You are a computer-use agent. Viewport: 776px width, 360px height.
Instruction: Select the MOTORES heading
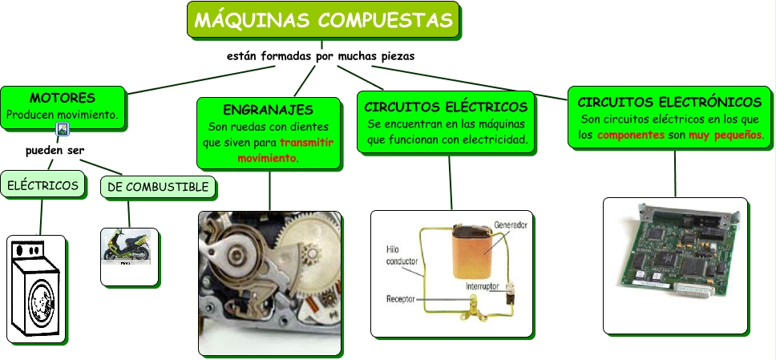click(63, 98)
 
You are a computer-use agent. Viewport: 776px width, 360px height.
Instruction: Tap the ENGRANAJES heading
click(268, 109)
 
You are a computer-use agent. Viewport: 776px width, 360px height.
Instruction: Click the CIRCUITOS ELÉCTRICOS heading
click(446, 107)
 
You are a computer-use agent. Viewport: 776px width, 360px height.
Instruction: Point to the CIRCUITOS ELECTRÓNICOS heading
click(669, 103)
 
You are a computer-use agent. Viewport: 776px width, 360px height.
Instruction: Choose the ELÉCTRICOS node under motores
click(43, 186)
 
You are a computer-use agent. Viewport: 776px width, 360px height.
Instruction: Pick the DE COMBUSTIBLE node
click(158, 187)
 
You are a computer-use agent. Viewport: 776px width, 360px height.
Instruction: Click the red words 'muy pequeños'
click(725, 136)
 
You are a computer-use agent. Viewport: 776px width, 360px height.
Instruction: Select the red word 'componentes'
click(631, 136)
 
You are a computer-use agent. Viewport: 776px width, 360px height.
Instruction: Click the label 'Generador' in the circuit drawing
click(511, 225)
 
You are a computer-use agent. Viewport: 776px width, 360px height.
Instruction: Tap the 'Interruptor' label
click(483, 285)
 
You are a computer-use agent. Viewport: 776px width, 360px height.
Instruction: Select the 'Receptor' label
click(400, 299)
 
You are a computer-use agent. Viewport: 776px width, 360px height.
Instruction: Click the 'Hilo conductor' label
click(401, 256)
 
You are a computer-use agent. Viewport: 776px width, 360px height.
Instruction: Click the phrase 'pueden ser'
click(55, 150)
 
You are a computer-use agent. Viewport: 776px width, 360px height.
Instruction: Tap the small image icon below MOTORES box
click(63, 128)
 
